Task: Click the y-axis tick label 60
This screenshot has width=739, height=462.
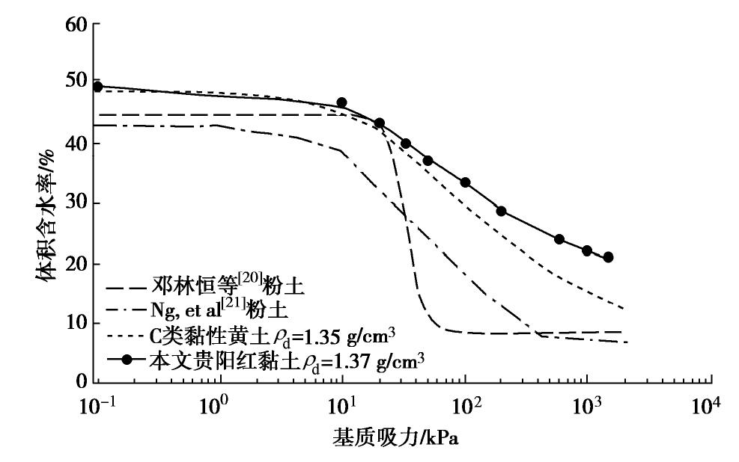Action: point(78,25)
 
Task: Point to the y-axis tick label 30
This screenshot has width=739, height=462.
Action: point(78,203)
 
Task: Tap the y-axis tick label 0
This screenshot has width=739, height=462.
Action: point(83,382)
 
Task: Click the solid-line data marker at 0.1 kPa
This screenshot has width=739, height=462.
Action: point(97,87)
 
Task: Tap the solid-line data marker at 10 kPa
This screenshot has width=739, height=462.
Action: point(342,102)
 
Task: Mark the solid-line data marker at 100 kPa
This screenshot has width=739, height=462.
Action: point(465,182)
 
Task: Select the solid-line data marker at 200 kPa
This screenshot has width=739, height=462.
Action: point(502,211)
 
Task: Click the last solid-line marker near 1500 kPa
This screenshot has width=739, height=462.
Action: point(608,257)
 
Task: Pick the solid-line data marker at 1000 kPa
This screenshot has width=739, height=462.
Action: point(587,250)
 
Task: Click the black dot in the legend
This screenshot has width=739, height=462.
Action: point(128,360)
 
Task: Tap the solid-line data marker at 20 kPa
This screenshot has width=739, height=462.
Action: point(380,123)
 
